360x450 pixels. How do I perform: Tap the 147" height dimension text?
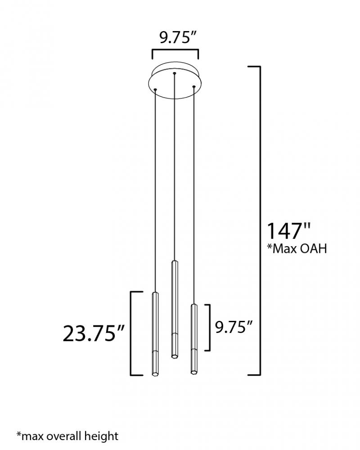point(289,231)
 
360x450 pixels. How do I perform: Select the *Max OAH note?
point(297,248)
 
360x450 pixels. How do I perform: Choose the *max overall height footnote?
point(67,436)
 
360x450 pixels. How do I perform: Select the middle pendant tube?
point(174,309)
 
